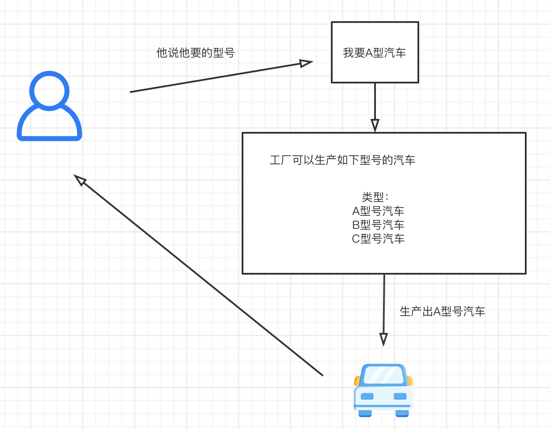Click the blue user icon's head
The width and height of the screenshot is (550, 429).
[x=49, y=91]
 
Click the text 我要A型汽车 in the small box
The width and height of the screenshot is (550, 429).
[x=375, y=53]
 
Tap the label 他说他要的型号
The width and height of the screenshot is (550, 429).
[x=195, y=53]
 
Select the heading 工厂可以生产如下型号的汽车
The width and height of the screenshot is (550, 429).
[x=342, y=160]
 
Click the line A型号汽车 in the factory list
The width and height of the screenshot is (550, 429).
[x=378, y=211]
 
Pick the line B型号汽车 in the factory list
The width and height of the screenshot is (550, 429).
[x=378, y=225]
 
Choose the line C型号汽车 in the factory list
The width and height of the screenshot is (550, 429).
[x=378, y=239]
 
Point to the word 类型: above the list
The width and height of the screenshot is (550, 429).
[x=375, y=197]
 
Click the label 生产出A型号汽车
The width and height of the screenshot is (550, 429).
[x=442, y=311]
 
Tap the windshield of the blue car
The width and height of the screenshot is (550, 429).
[x=383, y=375]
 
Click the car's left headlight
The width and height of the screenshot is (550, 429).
[x=367, y=396]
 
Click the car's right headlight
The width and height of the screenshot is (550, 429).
[x=400, y=396]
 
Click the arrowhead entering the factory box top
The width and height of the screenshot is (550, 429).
[x=375, y=125]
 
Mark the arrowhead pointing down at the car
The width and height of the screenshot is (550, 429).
[x=383, y=339]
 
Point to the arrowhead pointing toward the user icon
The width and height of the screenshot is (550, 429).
[x=80, y=179]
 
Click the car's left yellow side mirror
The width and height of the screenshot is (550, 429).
[x=357, y=381]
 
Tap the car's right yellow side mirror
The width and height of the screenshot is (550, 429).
[x=410, y=381]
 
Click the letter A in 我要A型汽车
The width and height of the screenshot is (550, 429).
[x=369, y=53]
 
